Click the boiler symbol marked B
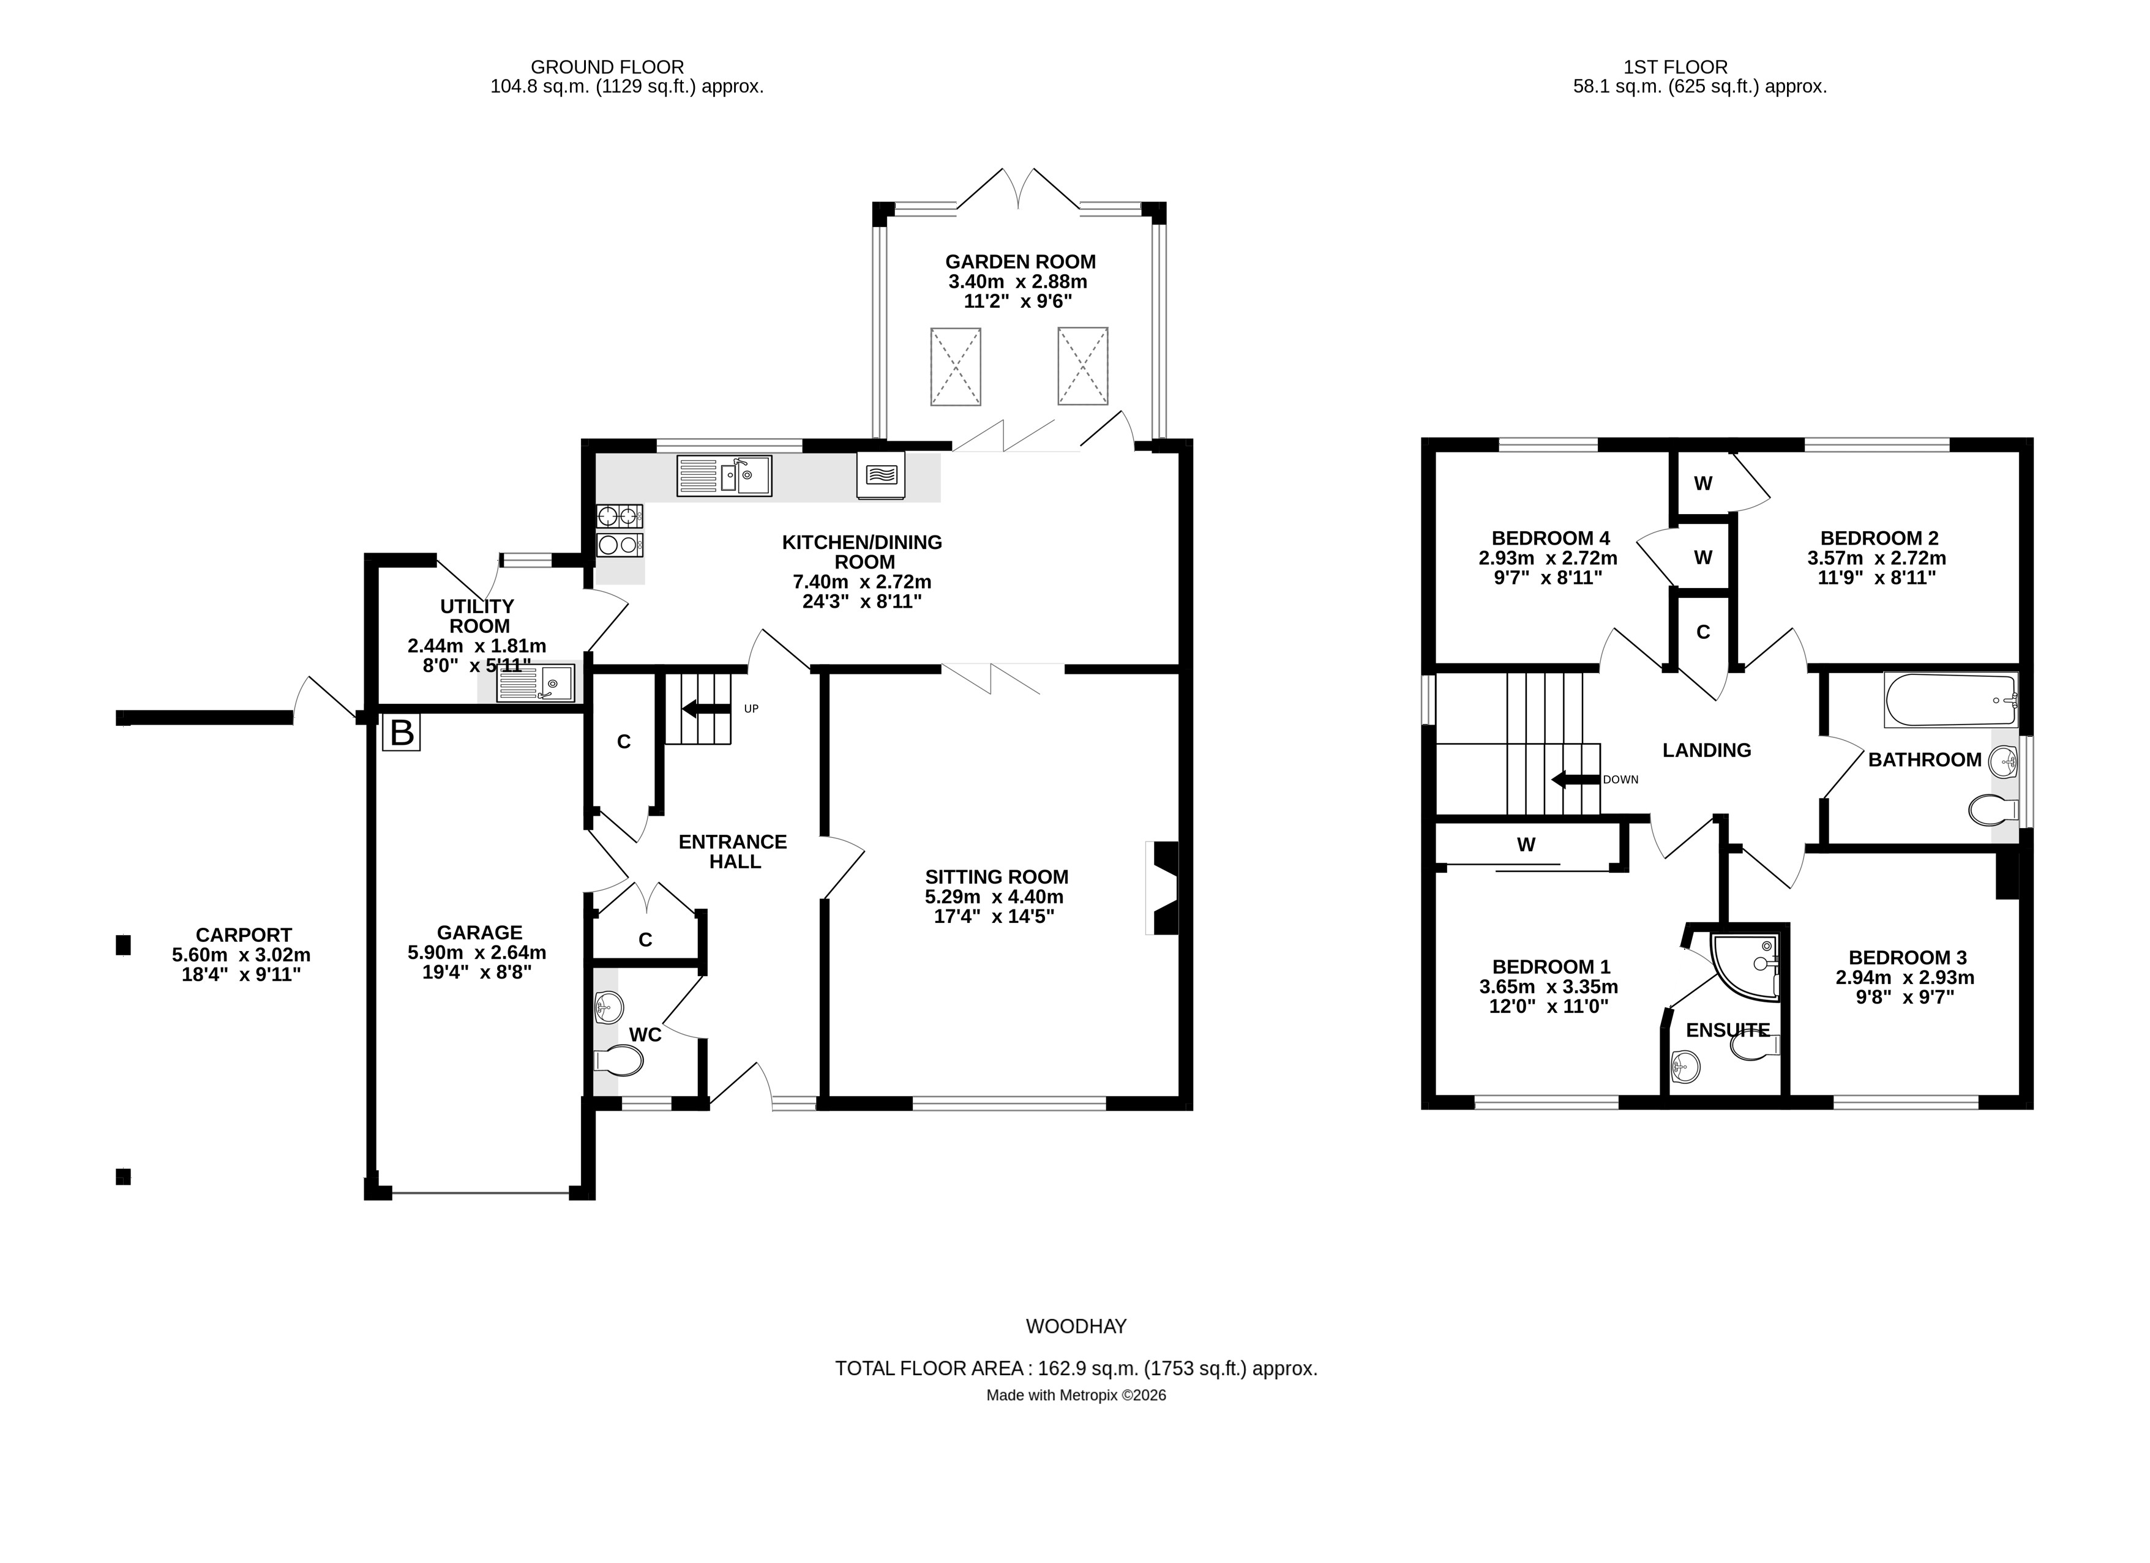point(402,733)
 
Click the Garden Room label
point(1020,261)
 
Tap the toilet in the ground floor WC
point(617,1060)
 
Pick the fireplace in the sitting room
point(1165,888)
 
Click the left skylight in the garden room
point(956,367)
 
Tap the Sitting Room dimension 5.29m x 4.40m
point(994,897)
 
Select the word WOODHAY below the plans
point(1076,1326)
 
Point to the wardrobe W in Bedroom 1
point(1526,845)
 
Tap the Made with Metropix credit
point(1076,1395)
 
